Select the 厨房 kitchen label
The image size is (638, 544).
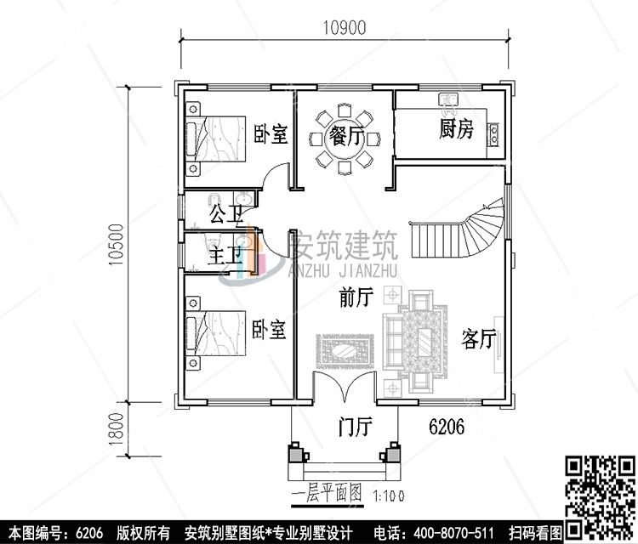(455, 129)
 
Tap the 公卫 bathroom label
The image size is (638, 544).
(224, 209)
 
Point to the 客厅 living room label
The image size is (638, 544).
(478, 338)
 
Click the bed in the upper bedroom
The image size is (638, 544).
(217, 137)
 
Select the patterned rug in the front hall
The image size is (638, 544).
(347, 348)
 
